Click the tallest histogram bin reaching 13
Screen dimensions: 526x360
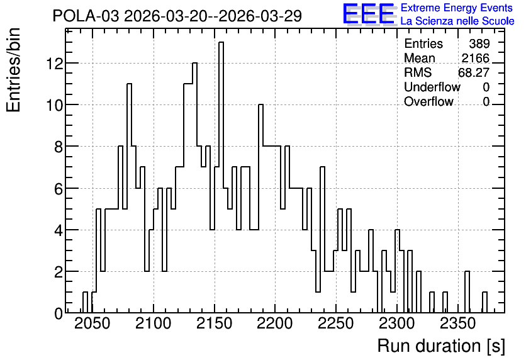tap(221, 177)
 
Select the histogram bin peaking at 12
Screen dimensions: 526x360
tap(194, 188)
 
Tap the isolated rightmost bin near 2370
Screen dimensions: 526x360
tap(484, 303)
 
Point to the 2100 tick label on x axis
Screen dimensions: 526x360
tap(154, 324)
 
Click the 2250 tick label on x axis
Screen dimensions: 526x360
tap(335, 324)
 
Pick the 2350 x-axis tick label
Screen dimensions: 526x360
tap(457, 324)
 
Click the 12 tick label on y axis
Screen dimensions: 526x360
tap(54, 64)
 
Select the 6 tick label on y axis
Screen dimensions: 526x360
tap(59, 189)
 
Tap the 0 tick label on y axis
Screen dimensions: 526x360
tap(59, 313)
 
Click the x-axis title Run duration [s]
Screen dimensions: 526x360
tap(441, 346)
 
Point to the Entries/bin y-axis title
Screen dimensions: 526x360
tap(13, 70)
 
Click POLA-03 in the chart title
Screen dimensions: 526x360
tap(86, 16)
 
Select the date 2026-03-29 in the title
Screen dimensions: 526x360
tap(260, 16)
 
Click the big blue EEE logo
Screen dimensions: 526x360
tap(368, 14)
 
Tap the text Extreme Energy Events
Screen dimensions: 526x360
tap(457, 8)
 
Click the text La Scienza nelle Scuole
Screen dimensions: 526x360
tap(457, 21)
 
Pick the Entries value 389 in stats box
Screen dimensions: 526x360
tap(479, 43)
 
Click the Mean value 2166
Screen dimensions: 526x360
tap(475, 58)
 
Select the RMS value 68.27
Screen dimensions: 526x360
tap(474, 72)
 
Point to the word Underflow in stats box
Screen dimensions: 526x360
tap(432, 87)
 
